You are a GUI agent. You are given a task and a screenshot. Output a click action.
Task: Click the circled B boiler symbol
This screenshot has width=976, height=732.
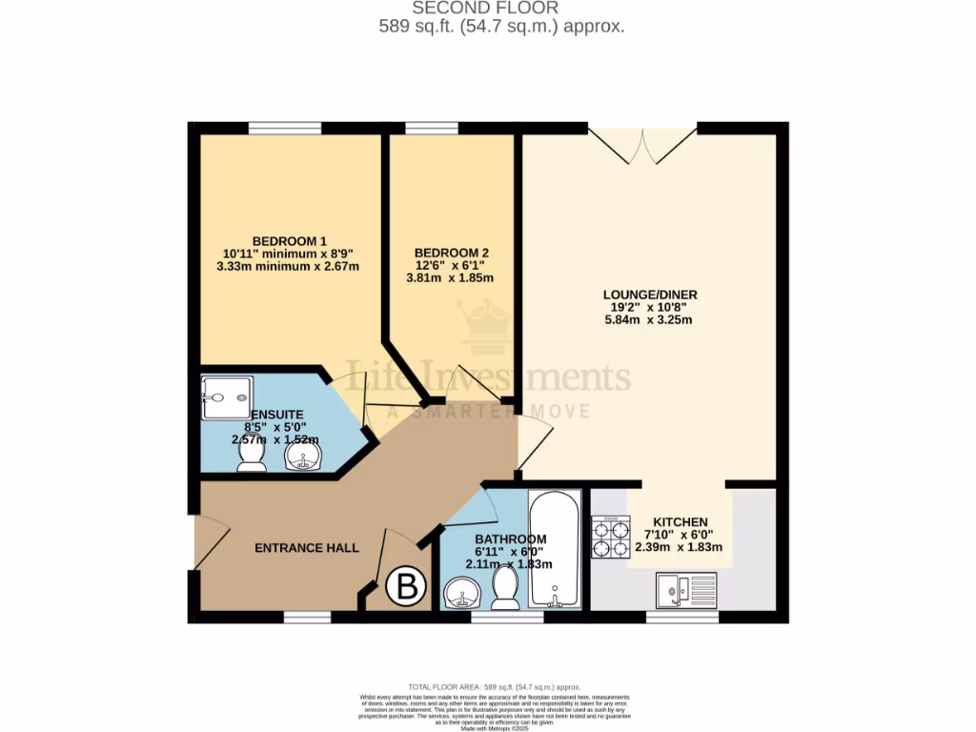point(406,588)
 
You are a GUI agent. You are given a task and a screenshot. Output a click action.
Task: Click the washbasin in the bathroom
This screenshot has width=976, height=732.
point(464,598)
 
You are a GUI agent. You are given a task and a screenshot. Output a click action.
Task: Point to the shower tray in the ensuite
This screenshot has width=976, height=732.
point(226,396)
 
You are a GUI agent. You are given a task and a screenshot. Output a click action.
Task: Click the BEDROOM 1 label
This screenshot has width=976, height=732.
point(289,239)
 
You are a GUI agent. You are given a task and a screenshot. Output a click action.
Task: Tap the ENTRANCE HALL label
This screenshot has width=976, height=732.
point(306,548)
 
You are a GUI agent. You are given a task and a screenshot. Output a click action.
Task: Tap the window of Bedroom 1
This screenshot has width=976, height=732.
point(285,128)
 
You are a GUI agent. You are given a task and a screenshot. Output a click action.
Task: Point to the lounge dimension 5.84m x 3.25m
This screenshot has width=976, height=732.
point(649,320)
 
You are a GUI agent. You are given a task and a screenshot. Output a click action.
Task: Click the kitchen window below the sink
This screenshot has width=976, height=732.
point(682,618)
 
